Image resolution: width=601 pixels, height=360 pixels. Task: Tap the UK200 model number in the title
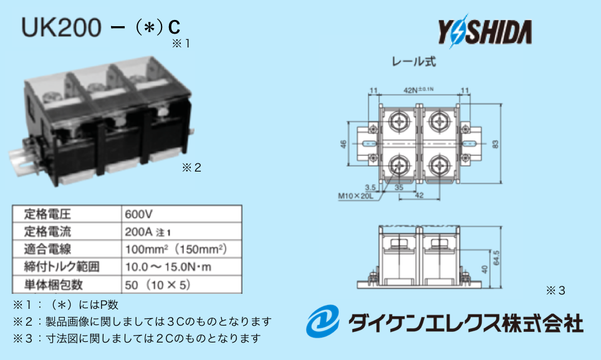click(61, 28)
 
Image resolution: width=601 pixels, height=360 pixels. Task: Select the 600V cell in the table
click(138, 213)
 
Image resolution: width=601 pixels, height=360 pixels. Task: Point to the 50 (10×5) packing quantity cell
click(156, 285)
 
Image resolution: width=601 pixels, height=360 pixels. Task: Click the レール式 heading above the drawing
click(413, 62)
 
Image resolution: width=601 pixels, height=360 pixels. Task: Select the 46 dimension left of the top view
click(344, 145)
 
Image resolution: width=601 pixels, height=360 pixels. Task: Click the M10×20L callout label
click(355, 196)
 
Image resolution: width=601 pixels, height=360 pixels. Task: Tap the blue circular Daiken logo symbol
click(323, 322)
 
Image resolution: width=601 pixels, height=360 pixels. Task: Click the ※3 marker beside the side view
click(555, 290)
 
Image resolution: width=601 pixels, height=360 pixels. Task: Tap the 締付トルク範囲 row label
click(53, 267)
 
